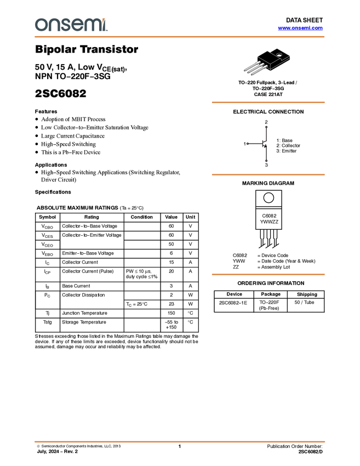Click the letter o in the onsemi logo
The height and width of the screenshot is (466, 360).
pyautogui.click(x=41, y=25)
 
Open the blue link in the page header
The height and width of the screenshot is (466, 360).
pyautogui.click(x=300, y=28)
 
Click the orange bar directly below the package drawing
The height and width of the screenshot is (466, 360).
pyautogui.click(x=268, y=103)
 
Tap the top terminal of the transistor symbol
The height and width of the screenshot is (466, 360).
pyautogui.click(x=266, y=127)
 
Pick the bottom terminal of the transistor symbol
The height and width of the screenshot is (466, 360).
pyautogui.click(x=266, y=160)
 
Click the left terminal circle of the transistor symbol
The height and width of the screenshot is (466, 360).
pyautogui.click(x=248, y=144)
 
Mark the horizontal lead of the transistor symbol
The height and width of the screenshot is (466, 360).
pyautogui.click(x=256, y=144)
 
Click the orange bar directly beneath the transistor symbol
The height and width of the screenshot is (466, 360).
pyautogui.click(x=268, y=175)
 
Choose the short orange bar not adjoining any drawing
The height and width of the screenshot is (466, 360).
pyautogui.click(x=268, y=274)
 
